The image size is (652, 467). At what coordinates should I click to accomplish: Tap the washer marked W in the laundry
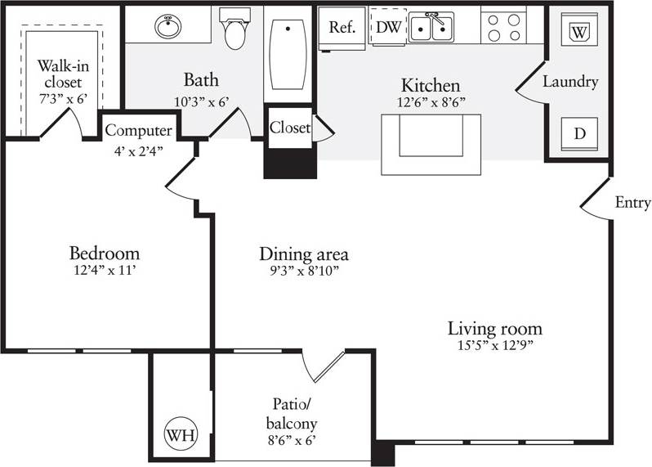(579, 32)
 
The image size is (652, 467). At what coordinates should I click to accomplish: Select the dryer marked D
(579, 133)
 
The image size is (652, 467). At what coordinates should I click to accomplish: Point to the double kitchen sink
(431, 28)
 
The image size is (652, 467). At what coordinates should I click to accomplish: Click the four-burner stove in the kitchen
(502, 27)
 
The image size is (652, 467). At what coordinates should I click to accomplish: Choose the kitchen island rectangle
(431, 144)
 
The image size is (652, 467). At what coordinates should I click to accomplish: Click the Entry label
(632, 203)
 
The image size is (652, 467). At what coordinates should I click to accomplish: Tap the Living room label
(494, 329)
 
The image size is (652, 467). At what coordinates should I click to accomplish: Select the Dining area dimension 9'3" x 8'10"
(303, 272)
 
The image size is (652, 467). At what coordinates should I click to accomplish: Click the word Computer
(138, 131)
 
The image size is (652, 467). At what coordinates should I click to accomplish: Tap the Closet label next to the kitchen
(290, 128)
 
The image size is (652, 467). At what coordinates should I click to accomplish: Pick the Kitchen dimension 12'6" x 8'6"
(430, 103)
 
